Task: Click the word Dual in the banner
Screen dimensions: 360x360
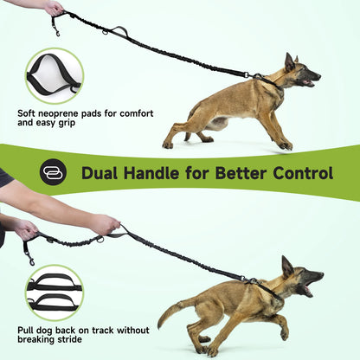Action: pos(102,173)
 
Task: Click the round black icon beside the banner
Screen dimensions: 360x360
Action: pos(53,172)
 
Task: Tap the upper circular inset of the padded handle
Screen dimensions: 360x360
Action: pos(54,75)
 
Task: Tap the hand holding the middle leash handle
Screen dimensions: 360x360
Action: pos(103,225)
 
